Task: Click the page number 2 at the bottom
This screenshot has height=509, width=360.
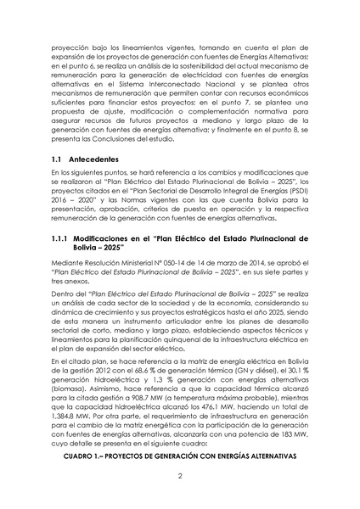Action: click(180, 476)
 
